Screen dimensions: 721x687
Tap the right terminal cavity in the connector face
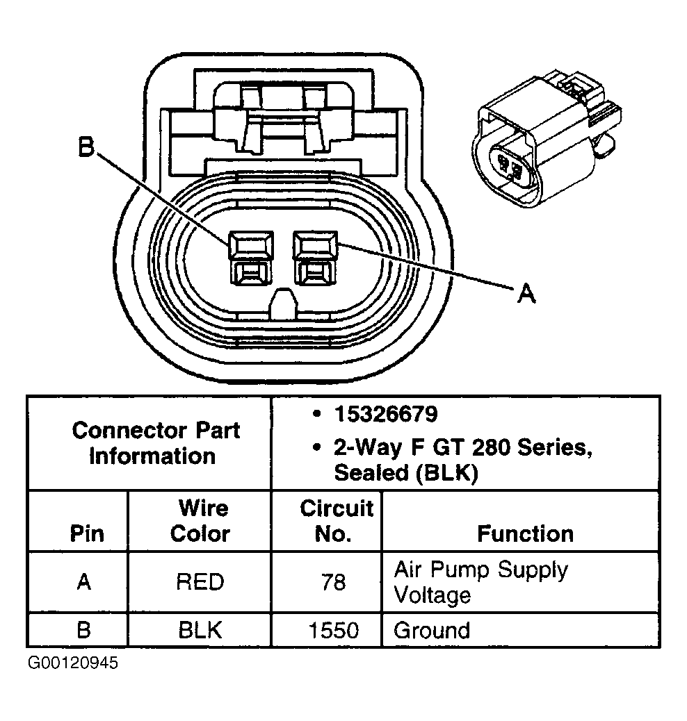pos(315,258)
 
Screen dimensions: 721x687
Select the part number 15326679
pos(385,415)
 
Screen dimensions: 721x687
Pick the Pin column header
pos(87,533)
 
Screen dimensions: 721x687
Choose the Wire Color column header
pos(200,521)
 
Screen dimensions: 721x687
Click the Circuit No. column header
pos(336,521)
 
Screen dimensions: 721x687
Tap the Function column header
pos(525,533)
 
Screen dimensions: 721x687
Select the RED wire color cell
pos(200,581)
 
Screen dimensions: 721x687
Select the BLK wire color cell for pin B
pos(200,630)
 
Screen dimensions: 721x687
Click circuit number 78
pos(334,581)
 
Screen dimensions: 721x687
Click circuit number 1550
pos(334,630)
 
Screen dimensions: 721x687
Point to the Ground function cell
pos(432,630)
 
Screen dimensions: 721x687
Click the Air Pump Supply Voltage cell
pos(480,582)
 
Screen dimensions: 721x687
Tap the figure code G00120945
pos(73,663)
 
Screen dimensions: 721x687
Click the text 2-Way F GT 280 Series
pos(462,449)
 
